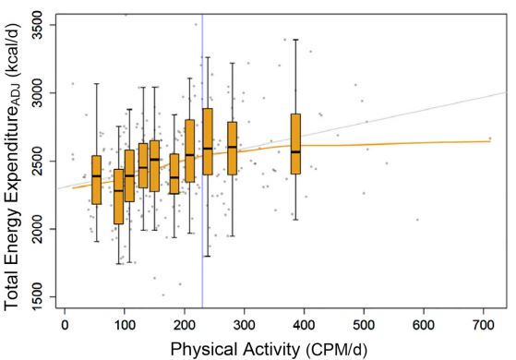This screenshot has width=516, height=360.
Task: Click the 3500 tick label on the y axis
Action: tap(38, 25)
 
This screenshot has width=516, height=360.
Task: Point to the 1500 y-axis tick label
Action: tap(38, 297)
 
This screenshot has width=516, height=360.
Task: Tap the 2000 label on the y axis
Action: tap(38, 229)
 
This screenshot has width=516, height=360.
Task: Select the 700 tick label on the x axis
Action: tap(483, 325)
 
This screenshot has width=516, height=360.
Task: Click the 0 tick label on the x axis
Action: tap(65, 325)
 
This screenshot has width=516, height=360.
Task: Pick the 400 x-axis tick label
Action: tap(304, 325)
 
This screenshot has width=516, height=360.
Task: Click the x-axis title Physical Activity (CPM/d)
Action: tap(269, 349)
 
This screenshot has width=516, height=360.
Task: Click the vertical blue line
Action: tap(202, 161)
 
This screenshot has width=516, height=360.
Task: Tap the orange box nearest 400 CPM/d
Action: tap(295, 144)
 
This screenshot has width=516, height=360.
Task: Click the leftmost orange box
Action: tap(96, 180)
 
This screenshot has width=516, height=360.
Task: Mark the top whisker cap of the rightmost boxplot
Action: tap(295, 40)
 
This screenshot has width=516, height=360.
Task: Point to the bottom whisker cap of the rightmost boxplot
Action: tap(295, 220)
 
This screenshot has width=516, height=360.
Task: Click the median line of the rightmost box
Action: tap(295, 151)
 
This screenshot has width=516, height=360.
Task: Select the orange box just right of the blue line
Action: tap(208, 141)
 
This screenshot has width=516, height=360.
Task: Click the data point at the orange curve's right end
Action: tap(489, 138)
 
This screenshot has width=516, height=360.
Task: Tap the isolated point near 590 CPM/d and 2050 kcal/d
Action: tap(417, 220)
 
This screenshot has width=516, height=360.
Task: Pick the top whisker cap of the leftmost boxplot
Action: tap(96, 84)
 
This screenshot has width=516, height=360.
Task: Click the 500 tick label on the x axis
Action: tap(364, 325)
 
